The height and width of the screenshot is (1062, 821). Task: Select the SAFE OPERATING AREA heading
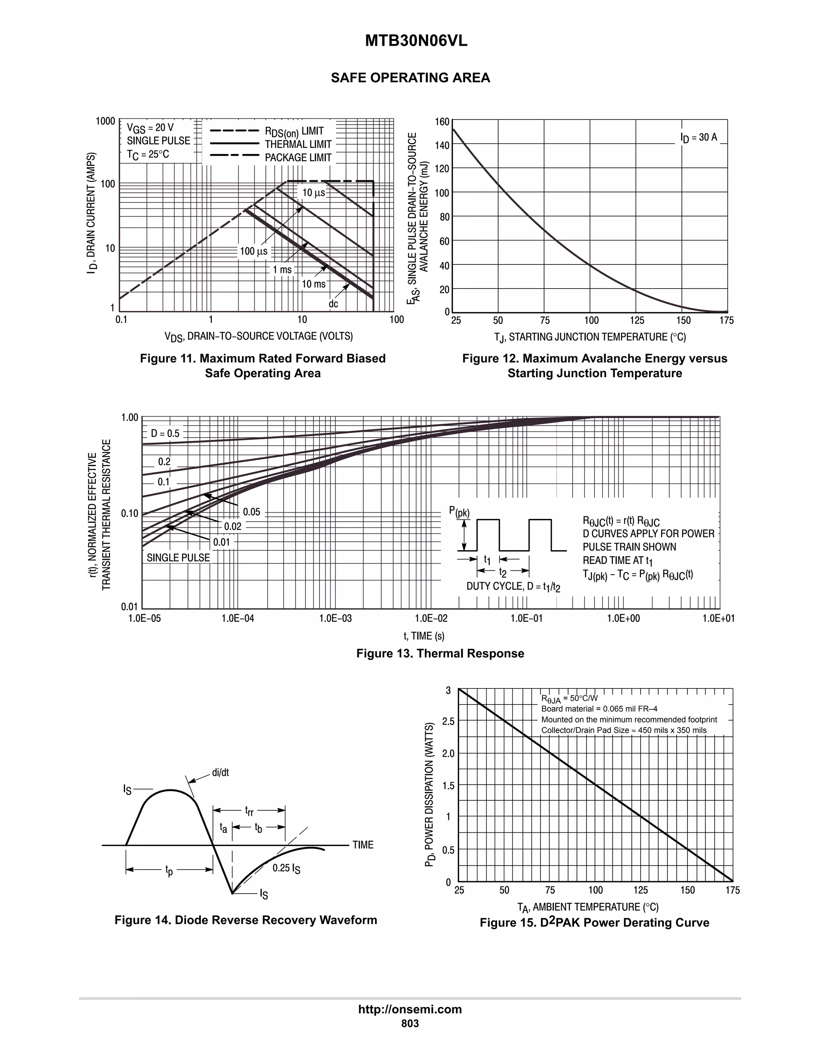[410, 78]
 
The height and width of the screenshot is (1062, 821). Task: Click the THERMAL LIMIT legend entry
[298, 144]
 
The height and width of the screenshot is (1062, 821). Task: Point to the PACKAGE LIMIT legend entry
[298, 157]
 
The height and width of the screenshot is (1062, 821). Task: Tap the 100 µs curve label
[253, 251]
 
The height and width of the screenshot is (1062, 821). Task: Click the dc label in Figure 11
[333, 304]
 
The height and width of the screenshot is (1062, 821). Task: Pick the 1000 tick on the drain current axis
[105, 121]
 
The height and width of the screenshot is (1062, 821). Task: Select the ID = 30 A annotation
[698, 137]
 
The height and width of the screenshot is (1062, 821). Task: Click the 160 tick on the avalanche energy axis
[442, 121]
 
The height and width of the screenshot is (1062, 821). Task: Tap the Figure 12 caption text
[595, 365]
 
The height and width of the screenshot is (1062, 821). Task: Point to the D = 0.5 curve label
[165, 433]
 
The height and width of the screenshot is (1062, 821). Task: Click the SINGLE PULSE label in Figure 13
[178, 558]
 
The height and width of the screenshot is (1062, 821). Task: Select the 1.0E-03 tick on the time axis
[336, 618]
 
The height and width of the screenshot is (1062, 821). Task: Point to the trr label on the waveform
[249, 811]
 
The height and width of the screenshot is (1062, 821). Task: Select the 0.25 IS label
[286, 868]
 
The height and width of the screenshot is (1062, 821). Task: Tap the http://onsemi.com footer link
[410, 1009]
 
